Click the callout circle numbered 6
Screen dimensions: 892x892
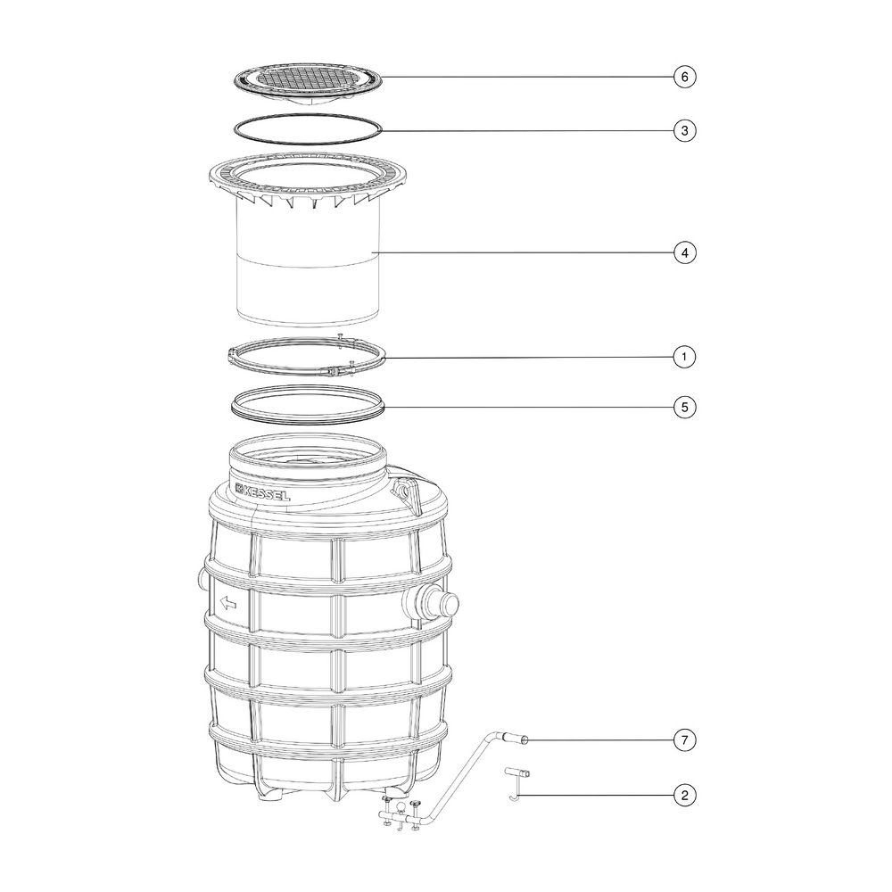point(684,76)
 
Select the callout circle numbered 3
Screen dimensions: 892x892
point(684,130)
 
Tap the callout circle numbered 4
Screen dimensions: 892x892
point(684,252)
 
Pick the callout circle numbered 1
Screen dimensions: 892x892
point(684,357)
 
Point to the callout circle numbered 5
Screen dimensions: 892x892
point(684,407)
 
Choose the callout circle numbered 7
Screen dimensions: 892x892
point(684,740)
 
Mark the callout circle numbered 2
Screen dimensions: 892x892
point(684,795)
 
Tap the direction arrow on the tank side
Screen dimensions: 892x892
point(228,602)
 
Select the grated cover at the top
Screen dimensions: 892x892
point(308,84)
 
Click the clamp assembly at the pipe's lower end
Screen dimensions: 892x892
point(401,814)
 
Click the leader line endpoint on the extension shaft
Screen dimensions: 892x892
point(372,252)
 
